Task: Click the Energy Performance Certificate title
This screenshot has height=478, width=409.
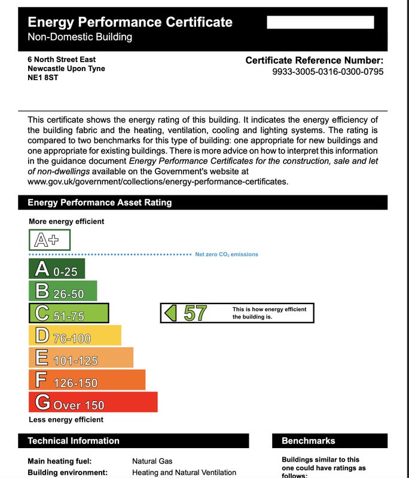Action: [130, 23]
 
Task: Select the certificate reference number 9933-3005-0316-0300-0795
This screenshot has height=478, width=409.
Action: [328, 72]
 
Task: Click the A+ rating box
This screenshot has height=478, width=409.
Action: [50, 240]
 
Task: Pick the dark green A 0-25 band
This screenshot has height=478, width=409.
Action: [57, 269]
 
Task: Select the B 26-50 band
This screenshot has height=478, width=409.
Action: [63, 291]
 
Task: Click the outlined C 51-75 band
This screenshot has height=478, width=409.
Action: [69, 313]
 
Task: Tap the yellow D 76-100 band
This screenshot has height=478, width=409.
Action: [75, 335]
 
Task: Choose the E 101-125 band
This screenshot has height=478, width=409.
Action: [81, 357]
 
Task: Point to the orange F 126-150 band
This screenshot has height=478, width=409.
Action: [87, 379]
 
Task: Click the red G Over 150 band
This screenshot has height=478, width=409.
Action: [93, 402]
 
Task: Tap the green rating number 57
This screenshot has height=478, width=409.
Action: [195, 313]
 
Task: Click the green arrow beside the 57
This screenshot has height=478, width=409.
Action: [171, 313]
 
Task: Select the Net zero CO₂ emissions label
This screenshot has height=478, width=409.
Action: [227, 255]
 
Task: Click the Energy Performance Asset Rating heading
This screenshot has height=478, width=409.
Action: [99, 203]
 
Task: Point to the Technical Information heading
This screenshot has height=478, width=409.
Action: [74, 441]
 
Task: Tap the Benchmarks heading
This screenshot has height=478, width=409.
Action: [308, 441]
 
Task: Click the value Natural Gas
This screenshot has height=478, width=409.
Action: [152, 461]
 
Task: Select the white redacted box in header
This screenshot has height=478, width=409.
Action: [320, 23]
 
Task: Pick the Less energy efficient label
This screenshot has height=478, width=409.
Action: [66, 419]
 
